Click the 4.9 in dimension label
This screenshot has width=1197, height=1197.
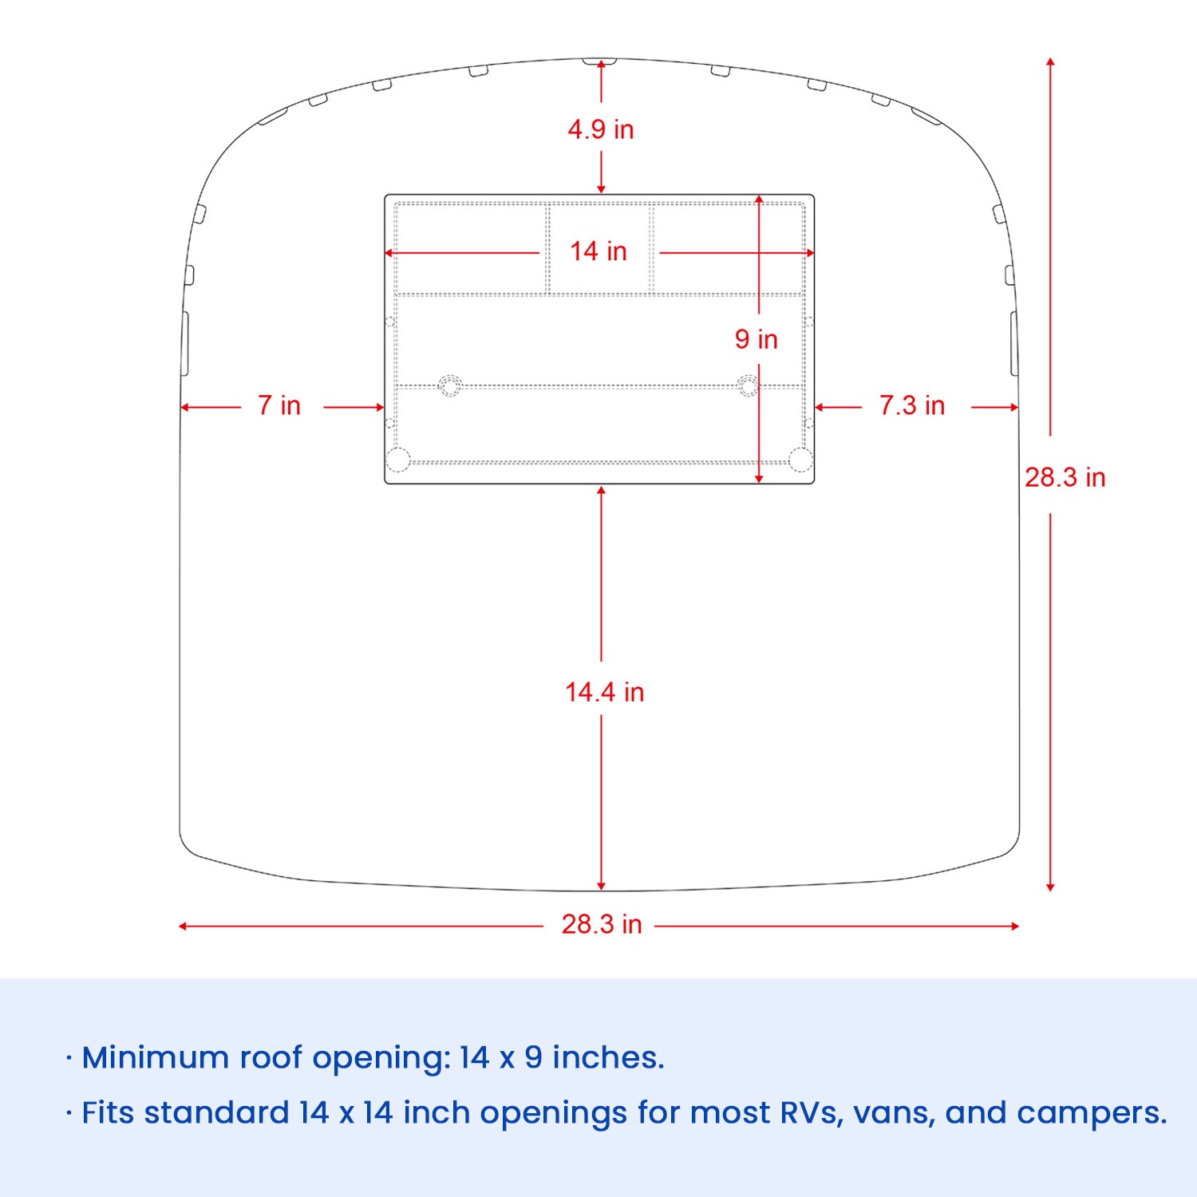(x=600, y=129)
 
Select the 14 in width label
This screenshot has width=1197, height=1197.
(x=598, y=251)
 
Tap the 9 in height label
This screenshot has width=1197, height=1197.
(x=756, y=339)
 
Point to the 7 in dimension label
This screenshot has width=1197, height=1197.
(x=279, y=405)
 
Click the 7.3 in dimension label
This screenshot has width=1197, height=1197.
(x=911, y=405)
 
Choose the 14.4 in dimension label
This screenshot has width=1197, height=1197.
(x=604, y=692)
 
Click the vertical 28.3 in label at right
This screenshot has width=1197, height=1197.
(x=1065, y=477)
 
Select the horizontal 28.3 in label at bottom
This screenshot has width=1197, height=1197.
(x=601, y=924)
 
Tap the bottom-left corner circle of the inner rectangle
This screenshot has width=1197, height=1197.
(x=397, y=460)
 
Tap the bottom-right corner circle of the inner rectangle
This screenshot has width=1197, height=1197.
(x=800, y=460)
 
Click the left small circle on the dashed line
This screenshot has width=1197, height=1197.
(x=450, y=386)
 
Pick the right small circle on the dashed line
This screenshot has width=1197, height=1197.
(x=748, y=386)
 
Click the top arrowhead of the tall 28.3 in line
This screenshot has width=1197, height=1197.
(x=1050, y=61)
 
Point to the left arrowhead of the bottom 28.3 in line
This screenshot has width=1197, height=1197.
(x=183, y=926)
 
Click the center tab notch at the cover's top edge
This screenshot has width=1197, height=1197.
(x=599, y=61)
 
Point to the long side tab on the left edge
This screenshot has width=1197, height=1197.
(x=185, y=343)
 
